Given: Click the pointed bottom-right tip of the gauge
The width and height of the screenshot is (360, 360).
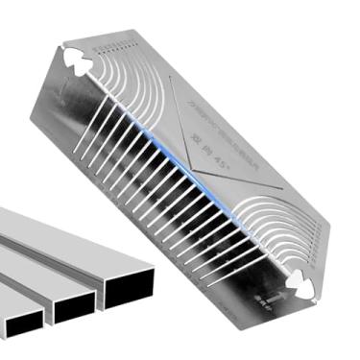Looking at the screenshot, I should (x=322, y=288).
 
